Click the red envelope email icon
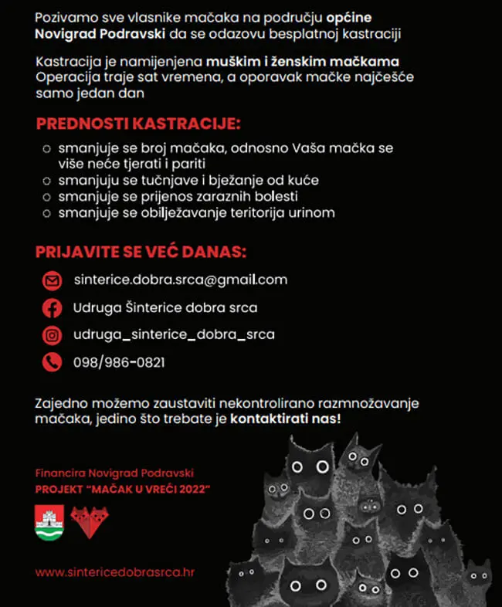[x=51, y=280]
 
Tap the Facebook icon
[x=51, y=307]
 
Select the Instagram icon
[x=51, y=335]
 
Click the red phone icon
[x=51, y=361]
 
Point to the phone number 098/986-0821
[x=118, y=362]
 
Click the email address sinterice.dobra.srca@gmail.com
[x=180, y=280]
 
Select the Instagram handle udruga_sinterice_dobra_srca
[x=174, y=335]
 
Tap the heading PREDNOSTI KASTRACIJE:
[x=138, y=124]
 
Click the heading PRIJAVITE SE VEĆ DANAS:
[x=141, y=253]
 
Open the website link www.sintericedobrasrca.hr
[x=114, y=573]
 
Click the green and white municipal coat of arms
[x=49, y=523]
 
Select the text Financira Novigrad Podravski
[x=114, y=472]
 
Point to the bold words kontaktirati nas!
[x=286, y=419]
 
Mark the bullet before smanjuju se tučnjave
[x=47, y=181]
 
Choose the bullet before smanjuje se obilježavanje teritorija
[x=47, y=213]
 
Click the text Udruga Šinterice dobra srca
[x=165, y=307]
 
